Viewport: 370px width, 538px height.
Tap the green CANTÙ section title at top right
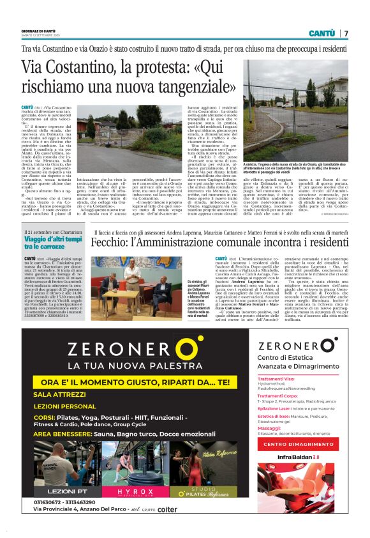coord(322,33)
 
